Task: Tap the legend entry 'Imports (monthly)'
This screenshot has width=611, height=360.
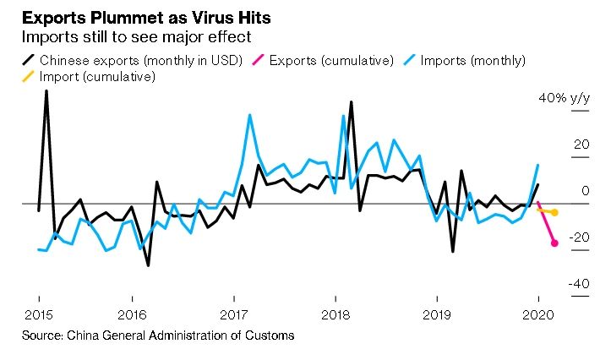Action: [472, 60]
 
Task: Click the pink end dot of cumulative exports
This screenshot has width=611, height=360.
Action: [554, 243]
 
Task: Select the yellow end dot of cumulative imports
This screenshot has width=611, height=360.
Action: [554, 212]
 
